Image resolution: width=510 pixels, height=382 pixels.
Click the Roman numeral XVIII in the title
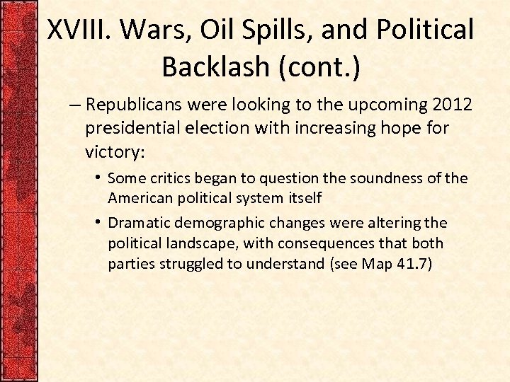(x=80, y=30)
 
